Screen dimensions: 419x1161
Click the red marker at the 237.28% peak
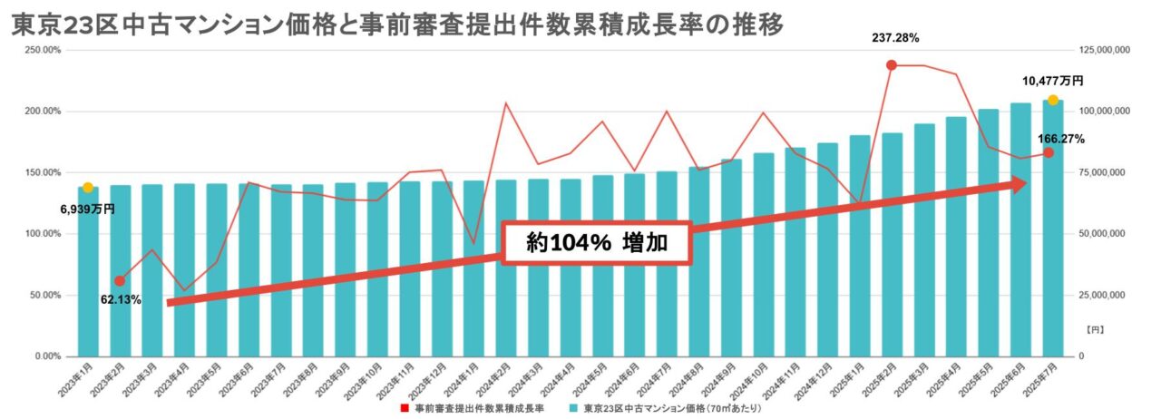(892, 65)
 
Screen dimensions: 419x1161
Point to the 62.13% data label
(120, 300)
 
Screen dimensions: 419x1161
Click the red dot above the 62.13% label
(120, 281)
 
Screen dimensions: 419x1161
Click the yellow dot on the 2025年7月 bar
(1052, 100)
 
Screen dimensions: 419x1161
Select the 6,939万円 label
(88, 209)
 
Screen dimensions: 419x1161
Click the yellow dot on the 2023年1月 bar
(88, 188)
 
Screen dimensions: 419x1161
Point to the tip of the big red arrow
(1025, 184)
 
